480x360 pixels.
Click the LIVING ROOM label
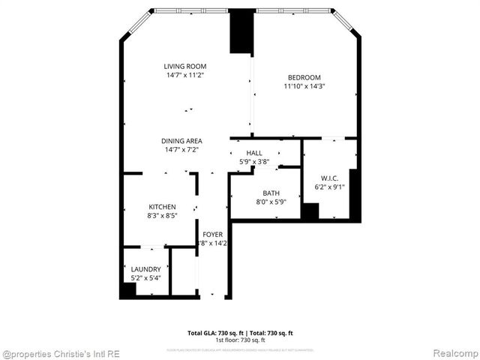[185, 66]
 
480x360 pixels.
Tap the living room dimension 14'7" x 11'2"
[185, 75]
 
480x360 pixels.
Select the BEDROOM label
[304, 77]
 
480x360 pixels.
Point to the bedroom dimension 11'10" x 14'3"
[304, 86]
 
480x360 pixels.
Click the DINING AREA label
[182, 141]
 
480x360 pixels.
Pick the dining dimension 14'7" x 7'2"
[182, 150]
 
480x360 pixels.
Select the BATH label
[271, 193]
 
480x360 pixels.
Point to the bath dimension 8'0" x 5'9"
[271, 202]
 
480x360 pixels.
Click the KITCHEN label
[162, 207]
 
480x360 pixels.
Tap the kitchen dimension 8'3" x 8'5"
[162, 216]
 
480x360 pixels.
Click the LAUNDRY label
[145, 269]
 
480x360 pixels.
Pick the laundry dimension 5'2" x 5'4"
[145, 278]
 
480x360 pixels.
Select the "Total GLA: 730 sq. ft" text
[213, 332]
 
